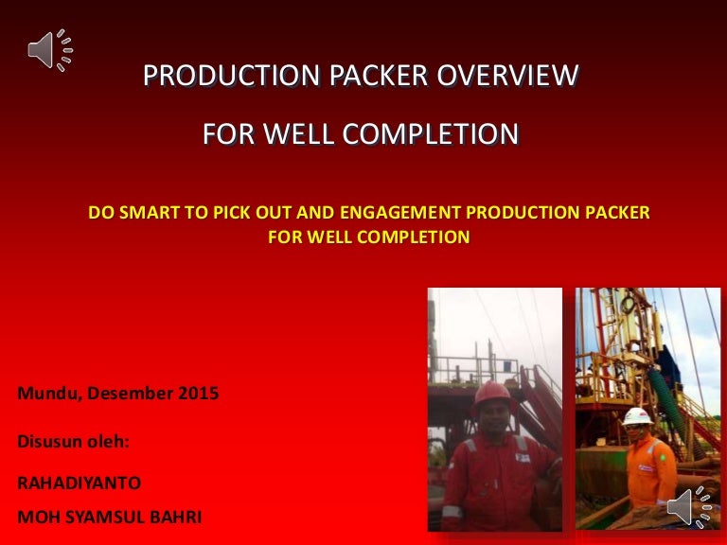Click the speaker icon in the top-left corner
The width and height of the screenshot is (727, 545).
pyautogui.click(x=49, y=50)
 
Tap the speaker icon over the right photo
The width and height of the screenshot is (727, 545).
pyautogui.click(x=690, y=506)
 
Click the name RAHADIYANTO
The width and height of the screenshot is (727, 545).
pyautogui.click(x=80, y=483)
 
